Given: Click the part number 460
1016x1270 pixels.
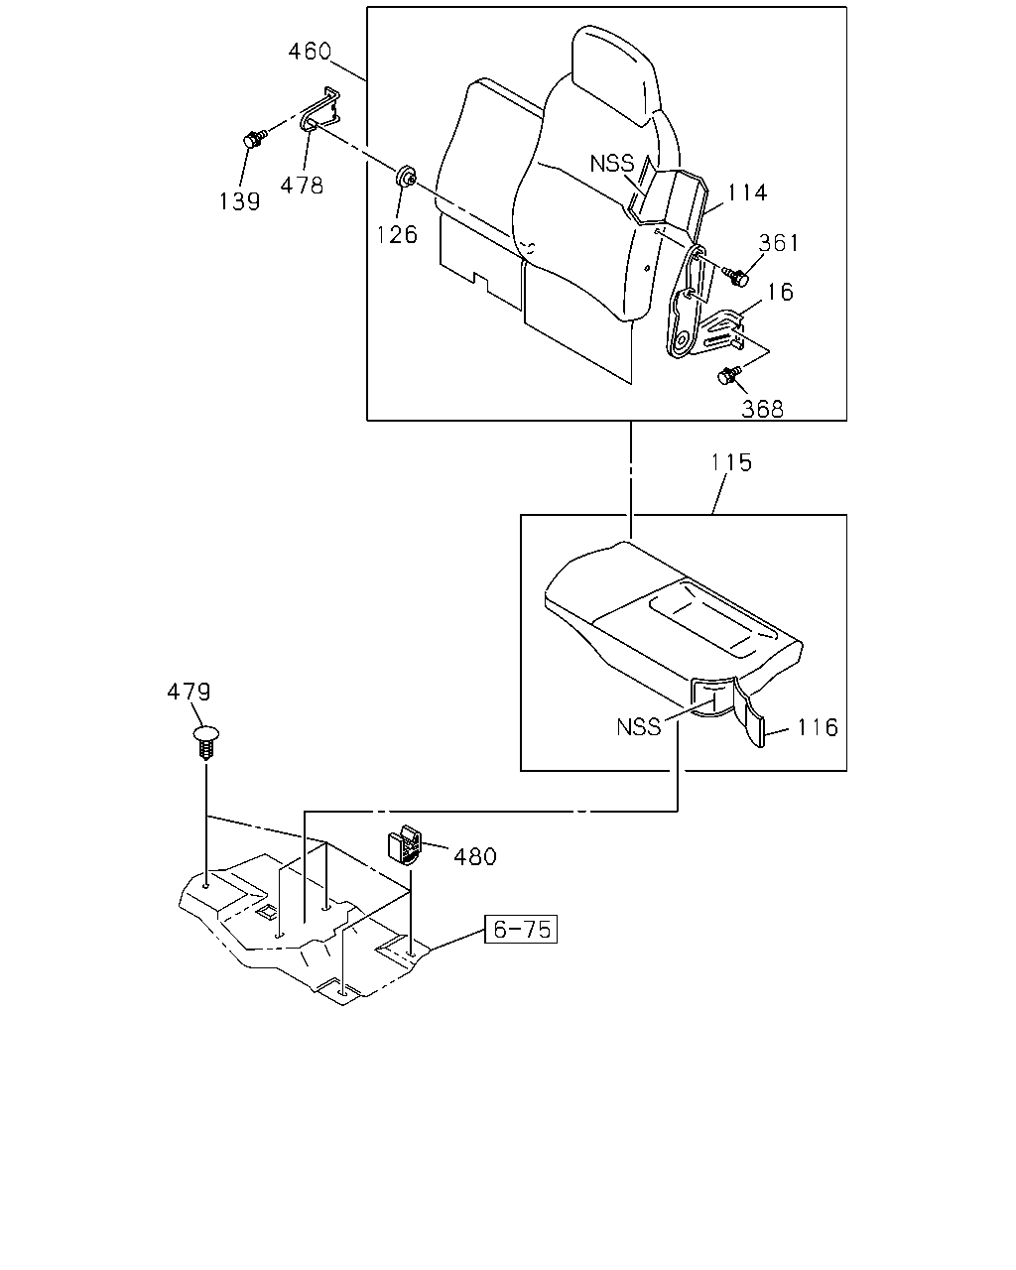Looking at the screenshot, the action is coord(310,52).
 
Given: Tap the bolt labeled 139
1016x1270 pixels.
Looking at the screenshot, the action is coord(254,139).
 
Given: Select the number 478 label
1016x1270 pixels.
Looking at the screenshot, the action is coord(302,186).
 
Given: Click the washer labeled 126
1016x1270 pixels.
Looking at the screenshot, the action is coord(406,176).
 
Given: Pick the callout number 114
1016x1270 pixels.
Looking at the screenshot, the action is coord(747,192).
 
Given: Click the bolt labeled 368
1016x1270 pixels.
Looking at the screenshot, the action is coord(729,375).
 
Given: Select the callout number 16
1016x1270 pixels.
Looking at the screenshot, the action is coord(780,292).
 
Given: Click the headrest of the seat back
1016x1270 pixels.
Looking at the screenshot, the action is coord(614,73).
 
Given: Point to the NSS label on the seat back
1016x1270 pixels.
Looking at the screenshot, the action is coord(611,163).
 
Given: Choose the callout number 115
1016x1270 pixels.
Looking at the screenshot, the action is coord(731,462).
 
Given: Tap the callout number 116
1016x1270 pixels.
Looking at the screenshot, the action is coord(817,727).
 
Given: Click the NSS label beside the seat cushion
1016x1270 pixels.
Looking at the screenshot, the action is coord(638,727).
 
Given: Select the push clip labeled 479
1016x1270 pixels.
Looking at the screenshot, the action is coord(206,743).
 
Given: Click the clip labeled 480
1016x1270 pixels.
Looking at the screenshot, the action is coord(405,845).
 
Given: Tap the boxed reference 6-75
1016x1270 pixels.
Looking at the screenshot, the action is coord(521,930).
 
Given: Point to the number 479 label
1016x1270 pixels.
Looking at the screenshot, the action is coord(189,692).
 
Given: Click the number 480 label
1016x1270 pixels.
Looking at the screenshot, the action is coord(474,856).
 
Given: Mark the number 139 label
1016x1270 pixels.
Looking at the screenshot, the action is coord(239,201).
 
